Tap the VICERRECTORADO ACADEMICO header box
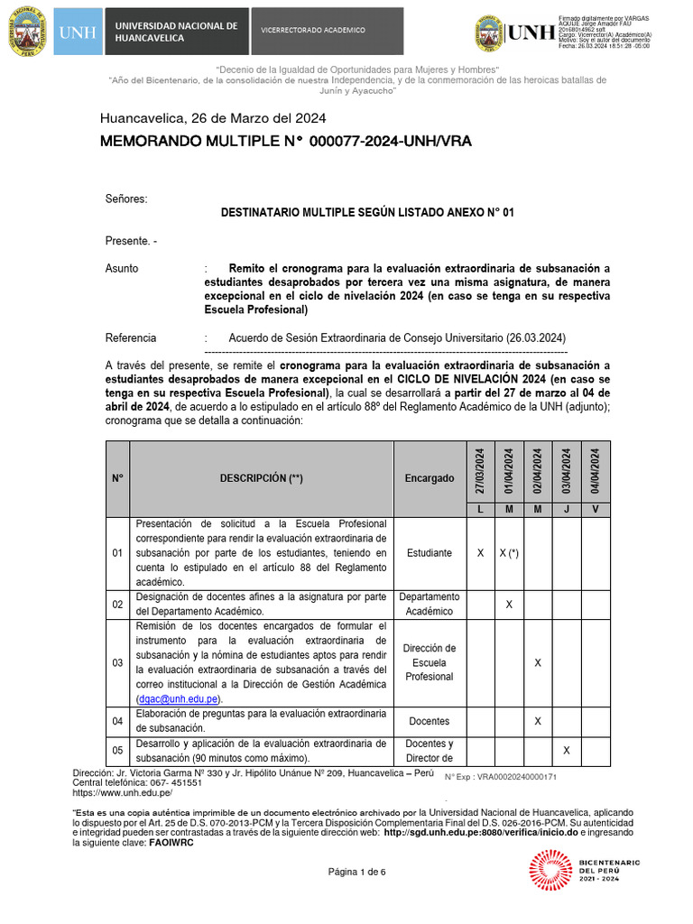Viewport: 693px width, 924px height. tap(313, 31)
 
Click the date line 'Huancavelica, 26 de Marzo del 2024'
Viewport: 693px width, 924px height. tap(213, 118)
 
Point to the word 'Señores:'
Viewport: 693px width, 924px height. tap(125, 198)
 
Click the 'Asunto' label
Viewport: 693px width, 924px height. tap(122, 269)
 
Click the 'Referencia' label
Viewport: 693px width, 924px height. tap(131, 337)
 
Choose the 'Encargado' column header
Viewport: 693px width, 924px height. tap(429, 478)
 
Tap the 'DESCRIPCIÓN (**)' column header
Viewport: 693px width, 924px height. tap(261, 478)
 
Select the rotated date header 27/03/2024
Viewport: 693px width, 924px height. tap(479, 472)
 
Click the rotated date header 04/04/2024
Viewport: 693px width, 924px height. tap(596, 472)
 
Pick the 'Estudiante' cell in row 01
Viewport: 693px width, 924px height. tap(429, 552)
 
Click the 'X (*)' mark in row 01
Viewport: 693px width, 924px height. tap(509, 552)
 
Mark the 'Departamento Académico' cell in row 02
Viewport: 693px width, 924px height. tap(429, 604)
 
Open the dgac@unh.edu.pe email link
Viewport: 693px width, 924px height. tap(178, 698)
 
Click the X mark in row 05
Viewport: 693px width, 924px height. tap(567, 750)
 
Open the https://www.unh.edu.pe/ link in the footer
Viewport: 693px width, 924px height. tap(122, 793)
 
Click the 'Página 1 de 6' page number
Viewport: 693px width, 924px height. tap(356, 872)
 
